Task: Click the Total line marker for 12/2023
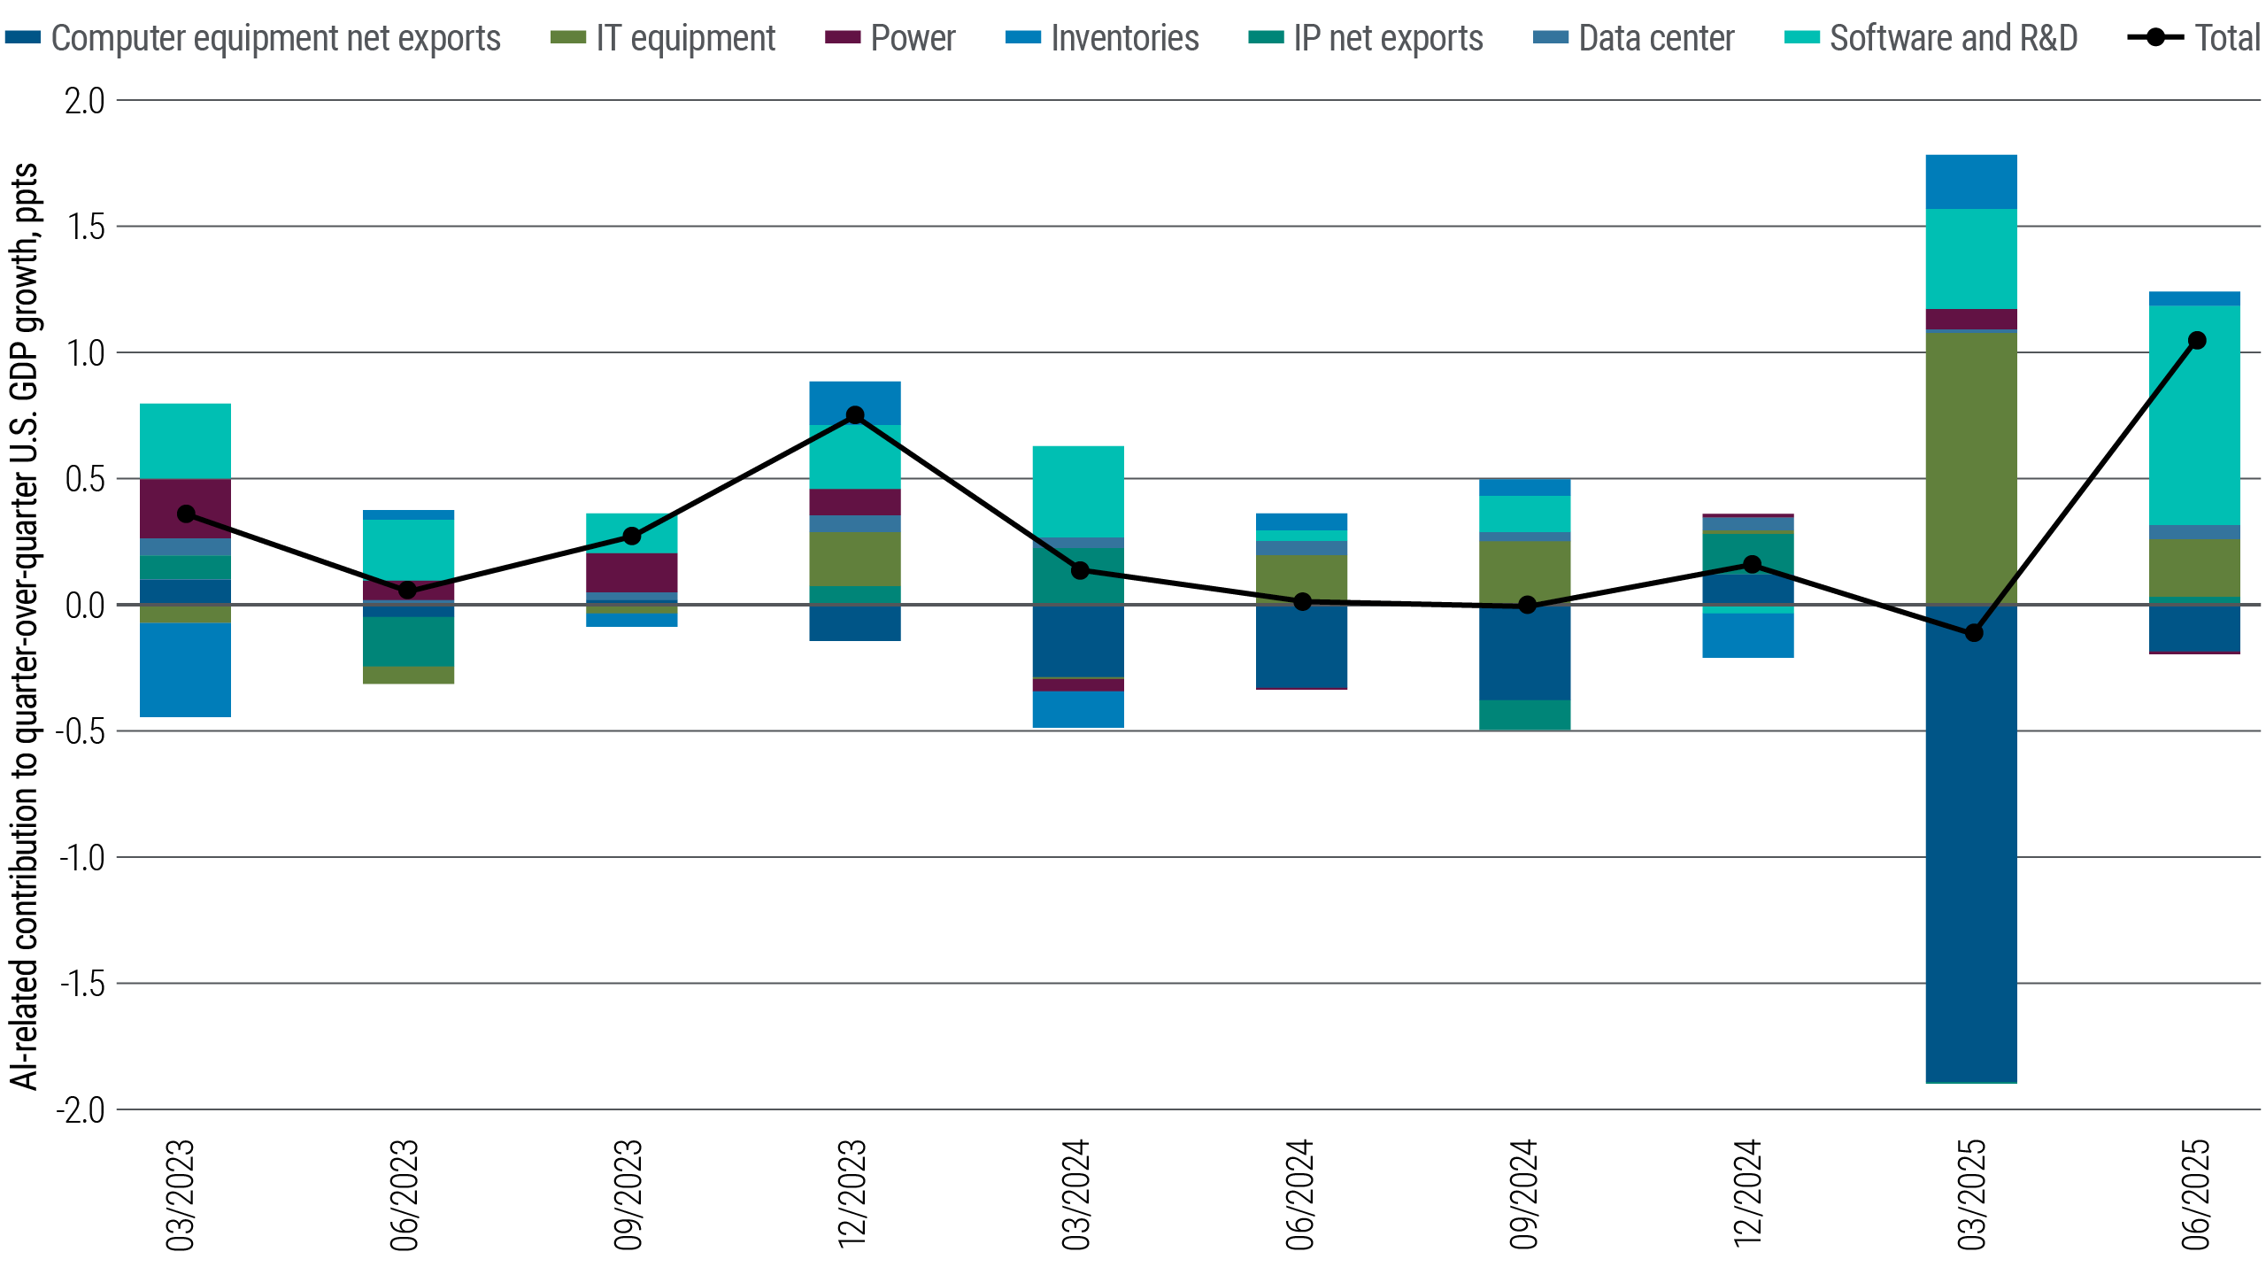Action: (855, 415)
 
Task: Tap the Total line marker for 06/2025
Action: (2196, 341)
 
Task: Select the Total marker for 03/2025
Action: (1973, 633)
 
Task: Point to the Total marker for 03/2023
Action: (186, 514)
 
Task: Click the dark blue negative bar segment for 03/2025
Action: (1971, 850)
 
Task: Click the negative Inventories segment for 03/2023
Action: (186, 670)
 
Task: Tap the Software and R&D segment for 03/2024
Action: (1078, 491)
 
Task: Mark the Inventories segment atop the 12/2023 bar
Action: (855, 403)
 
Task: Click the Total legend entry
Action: (2194, 38)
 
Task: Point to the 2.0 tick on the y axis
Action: (84, 101)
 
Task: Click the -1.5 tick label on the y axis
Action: (81, 984)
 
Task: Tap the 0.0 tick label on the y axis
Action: (84, 606)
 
